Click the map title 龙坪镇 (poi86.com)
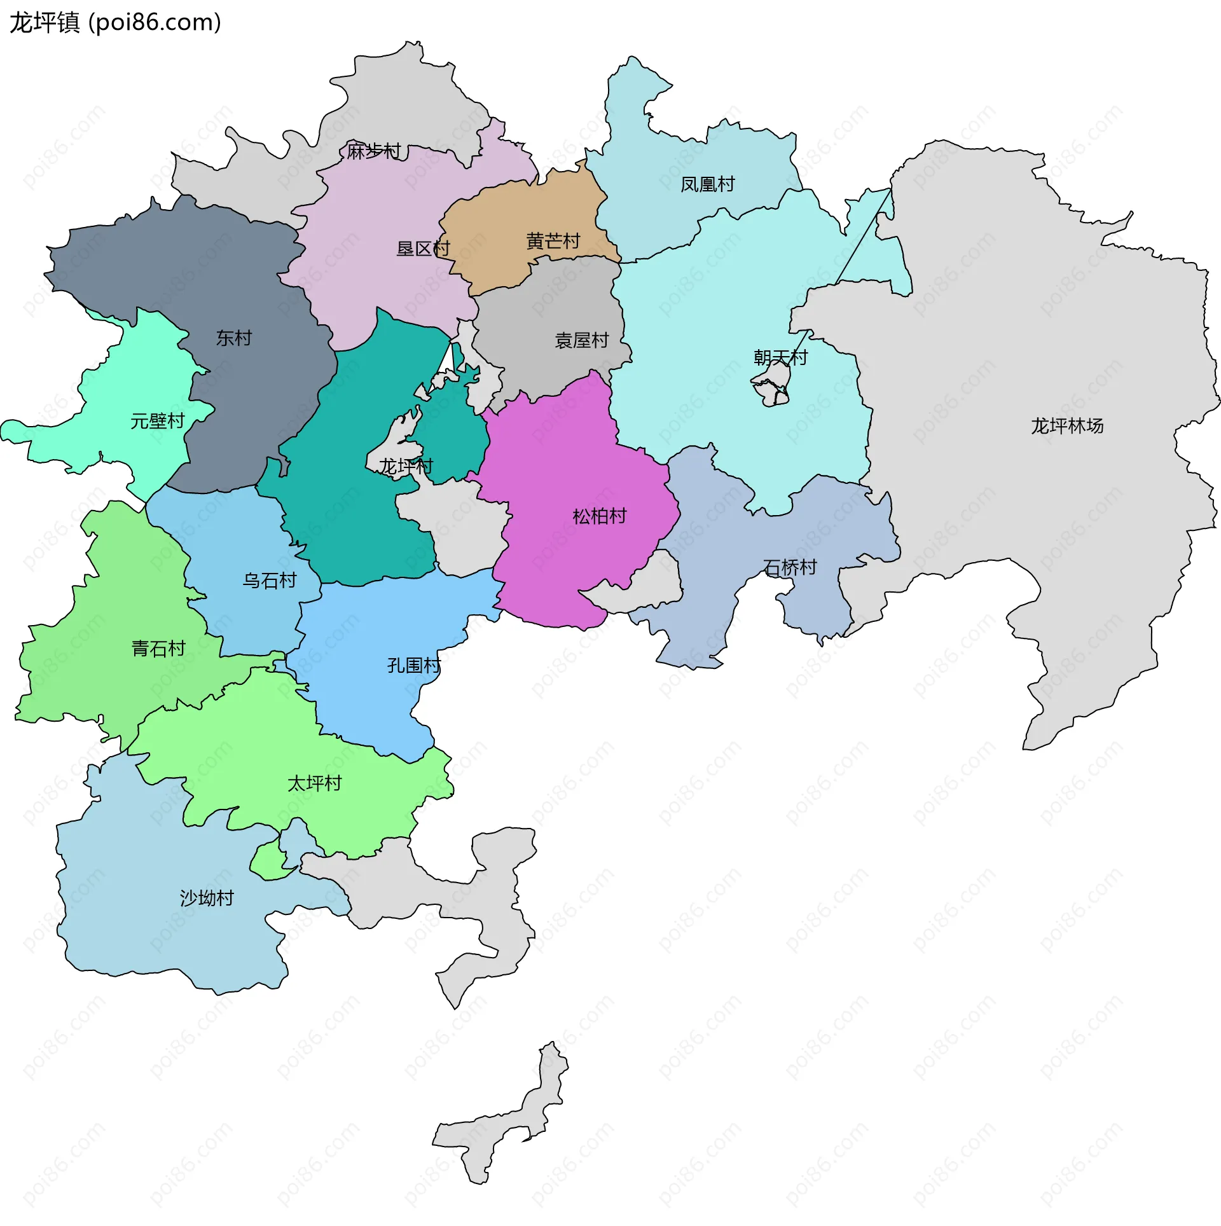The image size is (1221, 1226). (x=115, y=23)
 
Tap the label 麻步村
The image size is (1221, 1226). (x=374, y=151)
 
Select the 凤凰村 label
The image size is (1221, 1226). (x=707, y=184)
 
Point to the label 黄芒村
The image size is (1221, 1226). (x=553, y=242)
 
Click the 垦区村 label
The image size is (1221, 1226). (x=423, y=249)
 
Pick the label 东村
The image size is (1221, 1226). (x=234, y=338)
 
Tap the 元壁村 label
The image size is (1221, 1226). (x=157, y=421)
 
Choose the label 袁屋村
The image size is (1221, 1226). (x=581, y=341)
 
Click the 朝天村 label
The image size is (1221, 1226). (x=780, y=358)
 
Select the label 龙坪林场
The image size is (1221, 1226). (x=1066, y=426)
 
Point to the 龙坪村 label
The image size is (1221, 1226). (x=406, y=467)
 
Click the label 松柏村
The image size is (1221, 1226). (x=599, y=516)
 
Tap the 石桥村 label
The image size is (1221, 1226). (x=790, y=567)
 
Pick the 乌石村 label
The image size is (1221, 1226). (x=270, y=581)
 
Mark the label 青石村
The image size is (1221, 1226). (x=158, y=649)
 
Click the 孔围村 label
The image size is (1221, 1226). (x=414, y=666)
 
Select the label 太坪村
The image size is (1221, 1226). (x=314, y=783)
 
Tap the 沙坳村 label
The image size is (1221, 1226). (x=207, y=898)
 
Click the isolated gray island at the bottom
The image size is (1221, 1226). (x=502, y=1126)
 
